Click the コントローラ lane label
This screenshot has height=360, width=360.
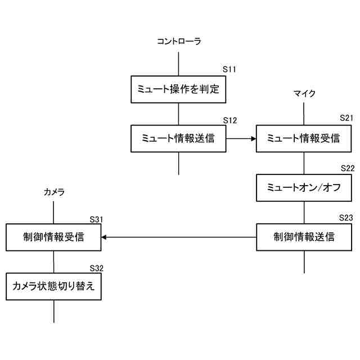pos(178,41)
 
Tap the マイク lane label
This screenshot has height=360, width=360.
pos(304,93)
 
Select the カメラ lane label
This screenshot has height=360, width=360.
pos(54,192)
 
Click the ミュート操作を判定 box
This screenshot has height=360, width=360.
pos(178,89)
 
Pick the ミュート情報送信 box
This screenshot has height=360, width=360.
pos(178,138)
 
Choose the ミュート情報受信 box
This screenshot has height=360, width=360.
pos(304,138)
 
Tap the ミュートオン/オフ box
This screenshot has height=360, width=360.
pos(304,188)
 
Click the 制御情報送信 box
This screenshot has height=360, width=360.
pos(304,237)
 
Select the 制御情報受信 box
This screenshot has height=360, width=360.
pos(54,237)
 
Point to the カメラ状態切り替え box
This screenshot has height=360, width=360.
pos(54,286)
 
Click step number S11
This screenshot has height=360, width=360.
pos(229,69)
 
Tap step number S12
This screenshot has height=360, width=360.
pos(229,120)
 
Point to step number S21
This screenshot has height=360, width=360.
pos(347,118)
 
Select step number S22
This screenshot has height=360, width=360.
pos(347,168)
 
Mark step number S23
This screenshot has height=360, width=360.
pos(347,218)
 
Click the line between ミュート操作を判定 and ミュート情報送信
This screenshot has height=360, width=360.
pos(178,114)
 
